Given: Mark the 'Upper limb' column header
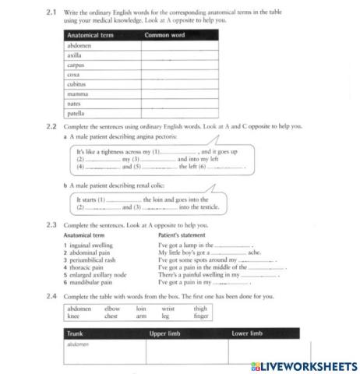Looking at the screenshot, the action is (x=165, y=333).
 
